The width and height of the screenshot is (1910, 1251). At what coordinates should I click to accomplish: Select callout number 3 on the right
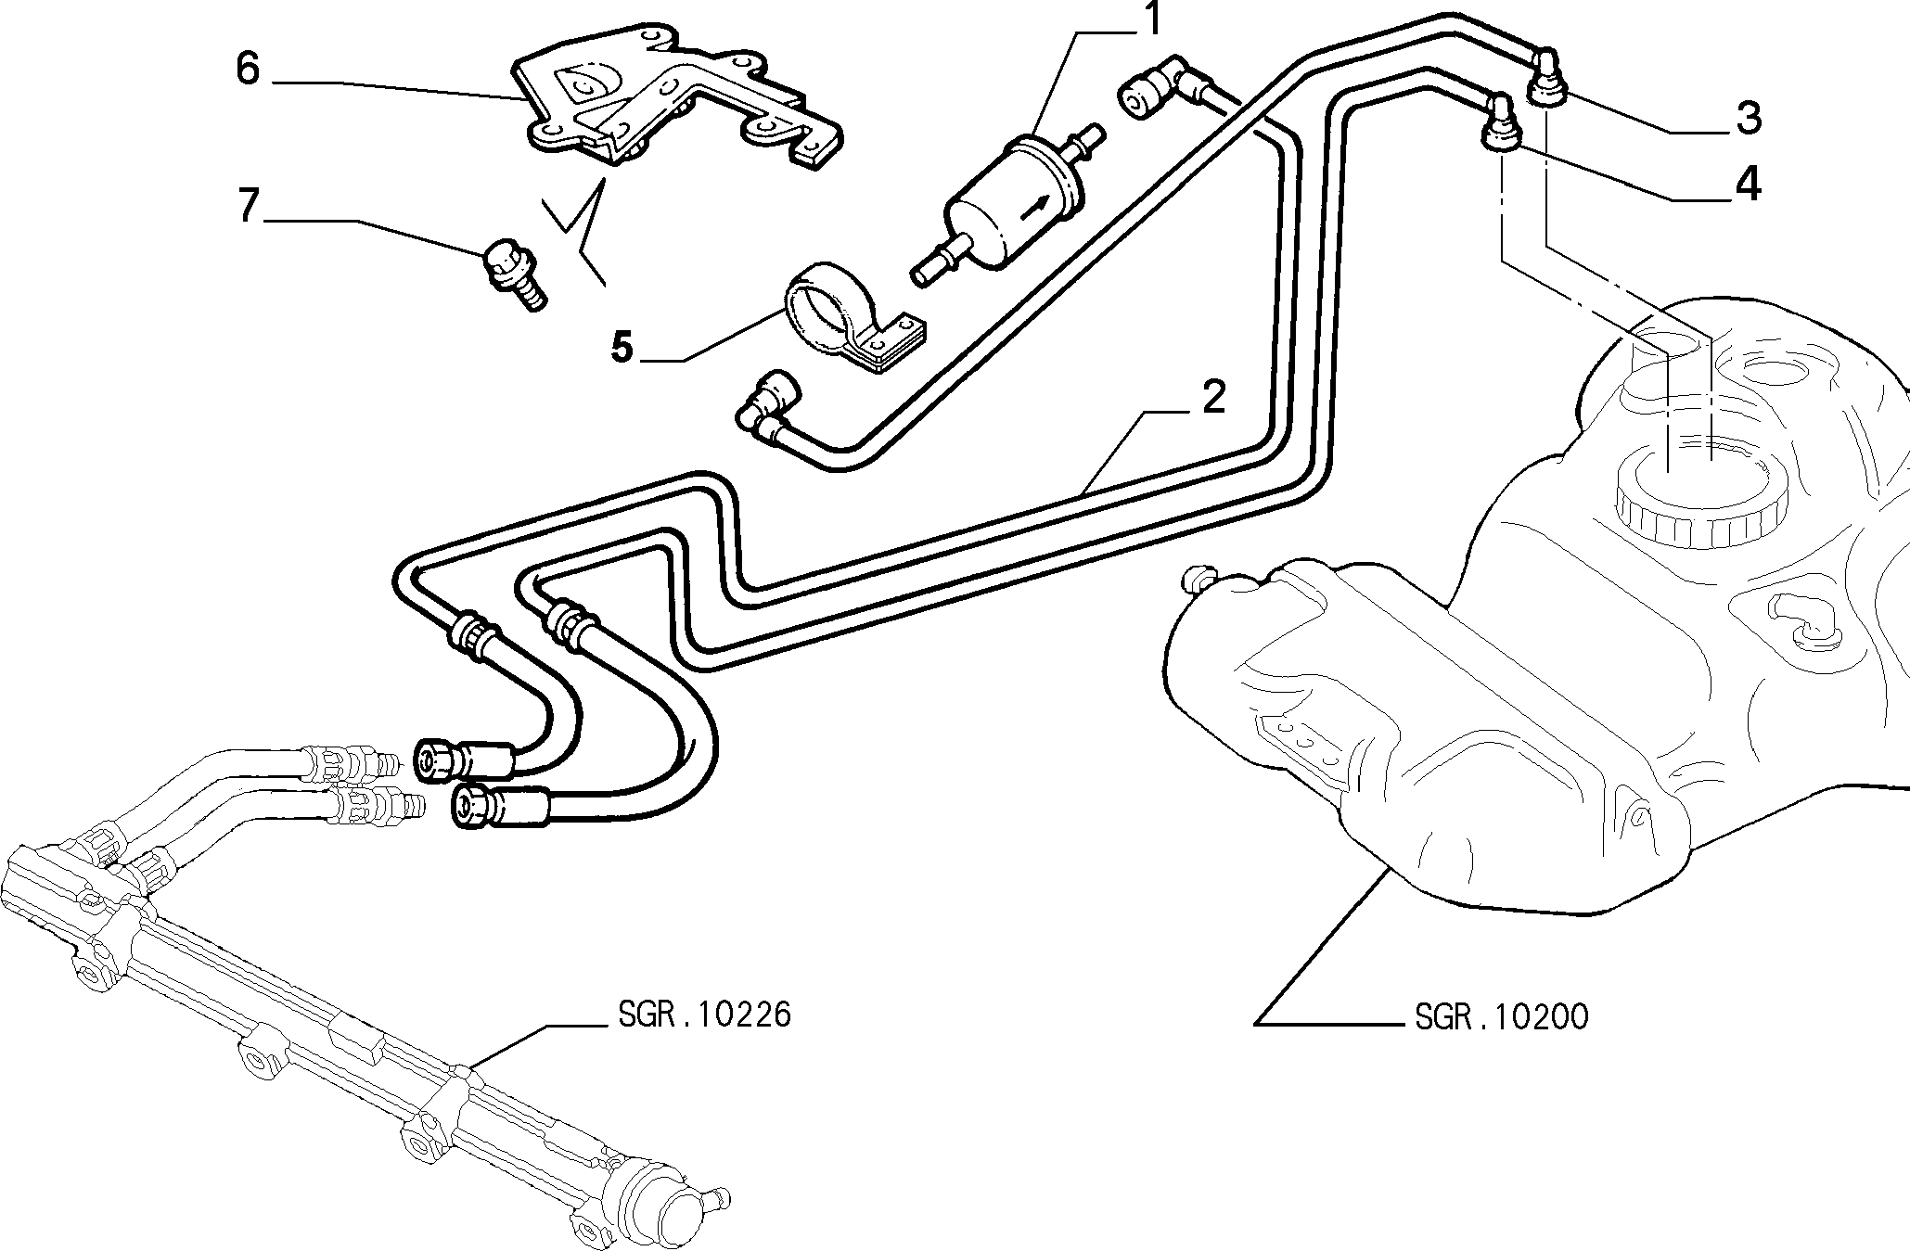[1748, 118]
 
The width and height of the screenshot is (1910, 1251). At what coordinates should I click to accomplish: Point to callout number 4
[1748, 185]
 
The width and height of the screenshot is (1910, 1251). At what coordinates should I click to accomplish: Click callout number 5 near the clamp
[622, 348]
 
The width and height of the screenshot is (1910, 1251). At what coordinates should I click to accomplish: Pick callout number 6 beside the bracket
[247, 69]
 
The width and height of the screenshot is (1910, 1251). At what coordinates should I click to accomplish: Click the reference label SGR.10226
[705, 1015]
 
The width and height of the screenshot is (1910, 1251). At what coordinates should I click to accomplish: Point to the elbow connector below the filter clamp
[770, 406]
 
